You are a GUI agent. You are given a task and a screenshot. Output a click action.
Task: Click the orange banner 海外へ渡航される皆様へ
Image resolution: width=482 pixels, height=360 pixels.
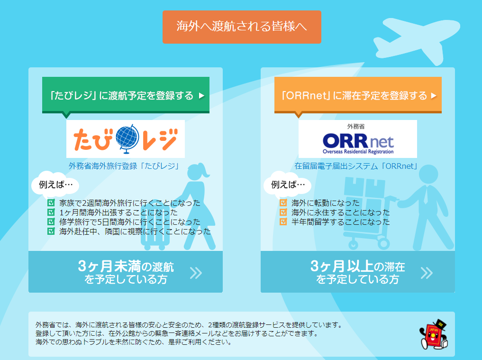click(242, 27)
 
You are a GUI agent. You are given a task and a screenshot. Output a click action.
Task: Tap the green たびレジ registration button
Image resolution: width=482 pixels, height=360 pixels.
click(126, 95)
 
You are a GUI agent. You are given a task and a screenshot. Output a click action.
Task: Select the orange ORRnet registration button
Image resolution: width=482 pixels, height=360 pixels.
click(358, 95)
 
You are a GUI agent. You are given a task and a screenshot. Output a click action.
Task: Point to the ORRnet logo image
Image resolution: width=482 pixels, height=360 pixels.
click(358, 139)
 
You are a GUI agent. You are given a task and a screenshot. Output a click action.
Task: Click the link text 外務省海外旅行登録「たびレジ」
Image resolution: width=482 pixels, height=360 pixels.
click(124, 166)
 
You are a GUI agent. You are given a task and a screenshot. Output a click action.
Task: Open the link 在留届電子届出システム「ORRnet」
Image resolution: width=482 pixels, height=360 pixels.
click(356, 166)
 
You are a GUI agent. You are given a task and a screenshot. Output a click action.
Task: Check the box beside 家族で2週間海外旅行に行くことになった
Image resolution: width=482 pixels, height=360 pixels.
click(51, 203)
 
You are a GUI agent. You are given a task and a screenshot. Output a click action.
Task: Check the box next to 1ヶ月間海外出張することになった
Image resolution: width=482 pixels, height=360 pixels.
click(51, 212)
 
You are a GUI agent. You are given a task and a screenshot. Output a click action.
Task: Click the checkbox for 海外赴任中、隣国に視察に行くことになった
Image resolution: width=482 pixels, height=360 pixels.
click(51, 231)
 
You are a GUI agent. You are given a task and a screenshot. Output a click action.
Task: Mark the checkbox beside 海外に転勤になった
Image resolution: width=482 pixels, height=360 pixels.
click(283, 203)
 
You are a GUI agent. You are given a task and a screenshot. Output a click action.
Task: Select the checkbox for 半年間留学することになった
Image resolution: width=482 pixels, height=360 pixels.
click(283, 222)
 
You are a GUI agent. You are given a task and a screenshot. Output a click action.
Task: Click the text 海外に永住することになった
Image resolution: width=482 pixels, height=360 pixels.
click(341, 212)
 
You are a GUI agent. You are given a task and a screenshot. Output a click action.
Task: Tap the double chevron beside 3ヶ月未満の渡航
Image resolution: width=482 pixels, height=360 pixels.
click(196, 273)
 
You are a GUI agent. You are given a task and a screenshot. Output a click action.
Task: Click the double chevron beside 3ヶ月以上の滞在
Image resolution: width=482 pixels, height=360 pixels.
click(427, 273)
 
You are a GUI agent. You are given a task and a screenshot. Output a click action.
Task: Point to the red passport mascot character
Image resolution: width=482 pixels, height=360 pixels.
click(434, 334)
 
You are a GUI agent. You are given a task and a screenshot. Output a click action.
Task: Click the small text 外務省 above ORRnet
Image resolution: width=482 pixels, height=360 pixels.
click(356, 126)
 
